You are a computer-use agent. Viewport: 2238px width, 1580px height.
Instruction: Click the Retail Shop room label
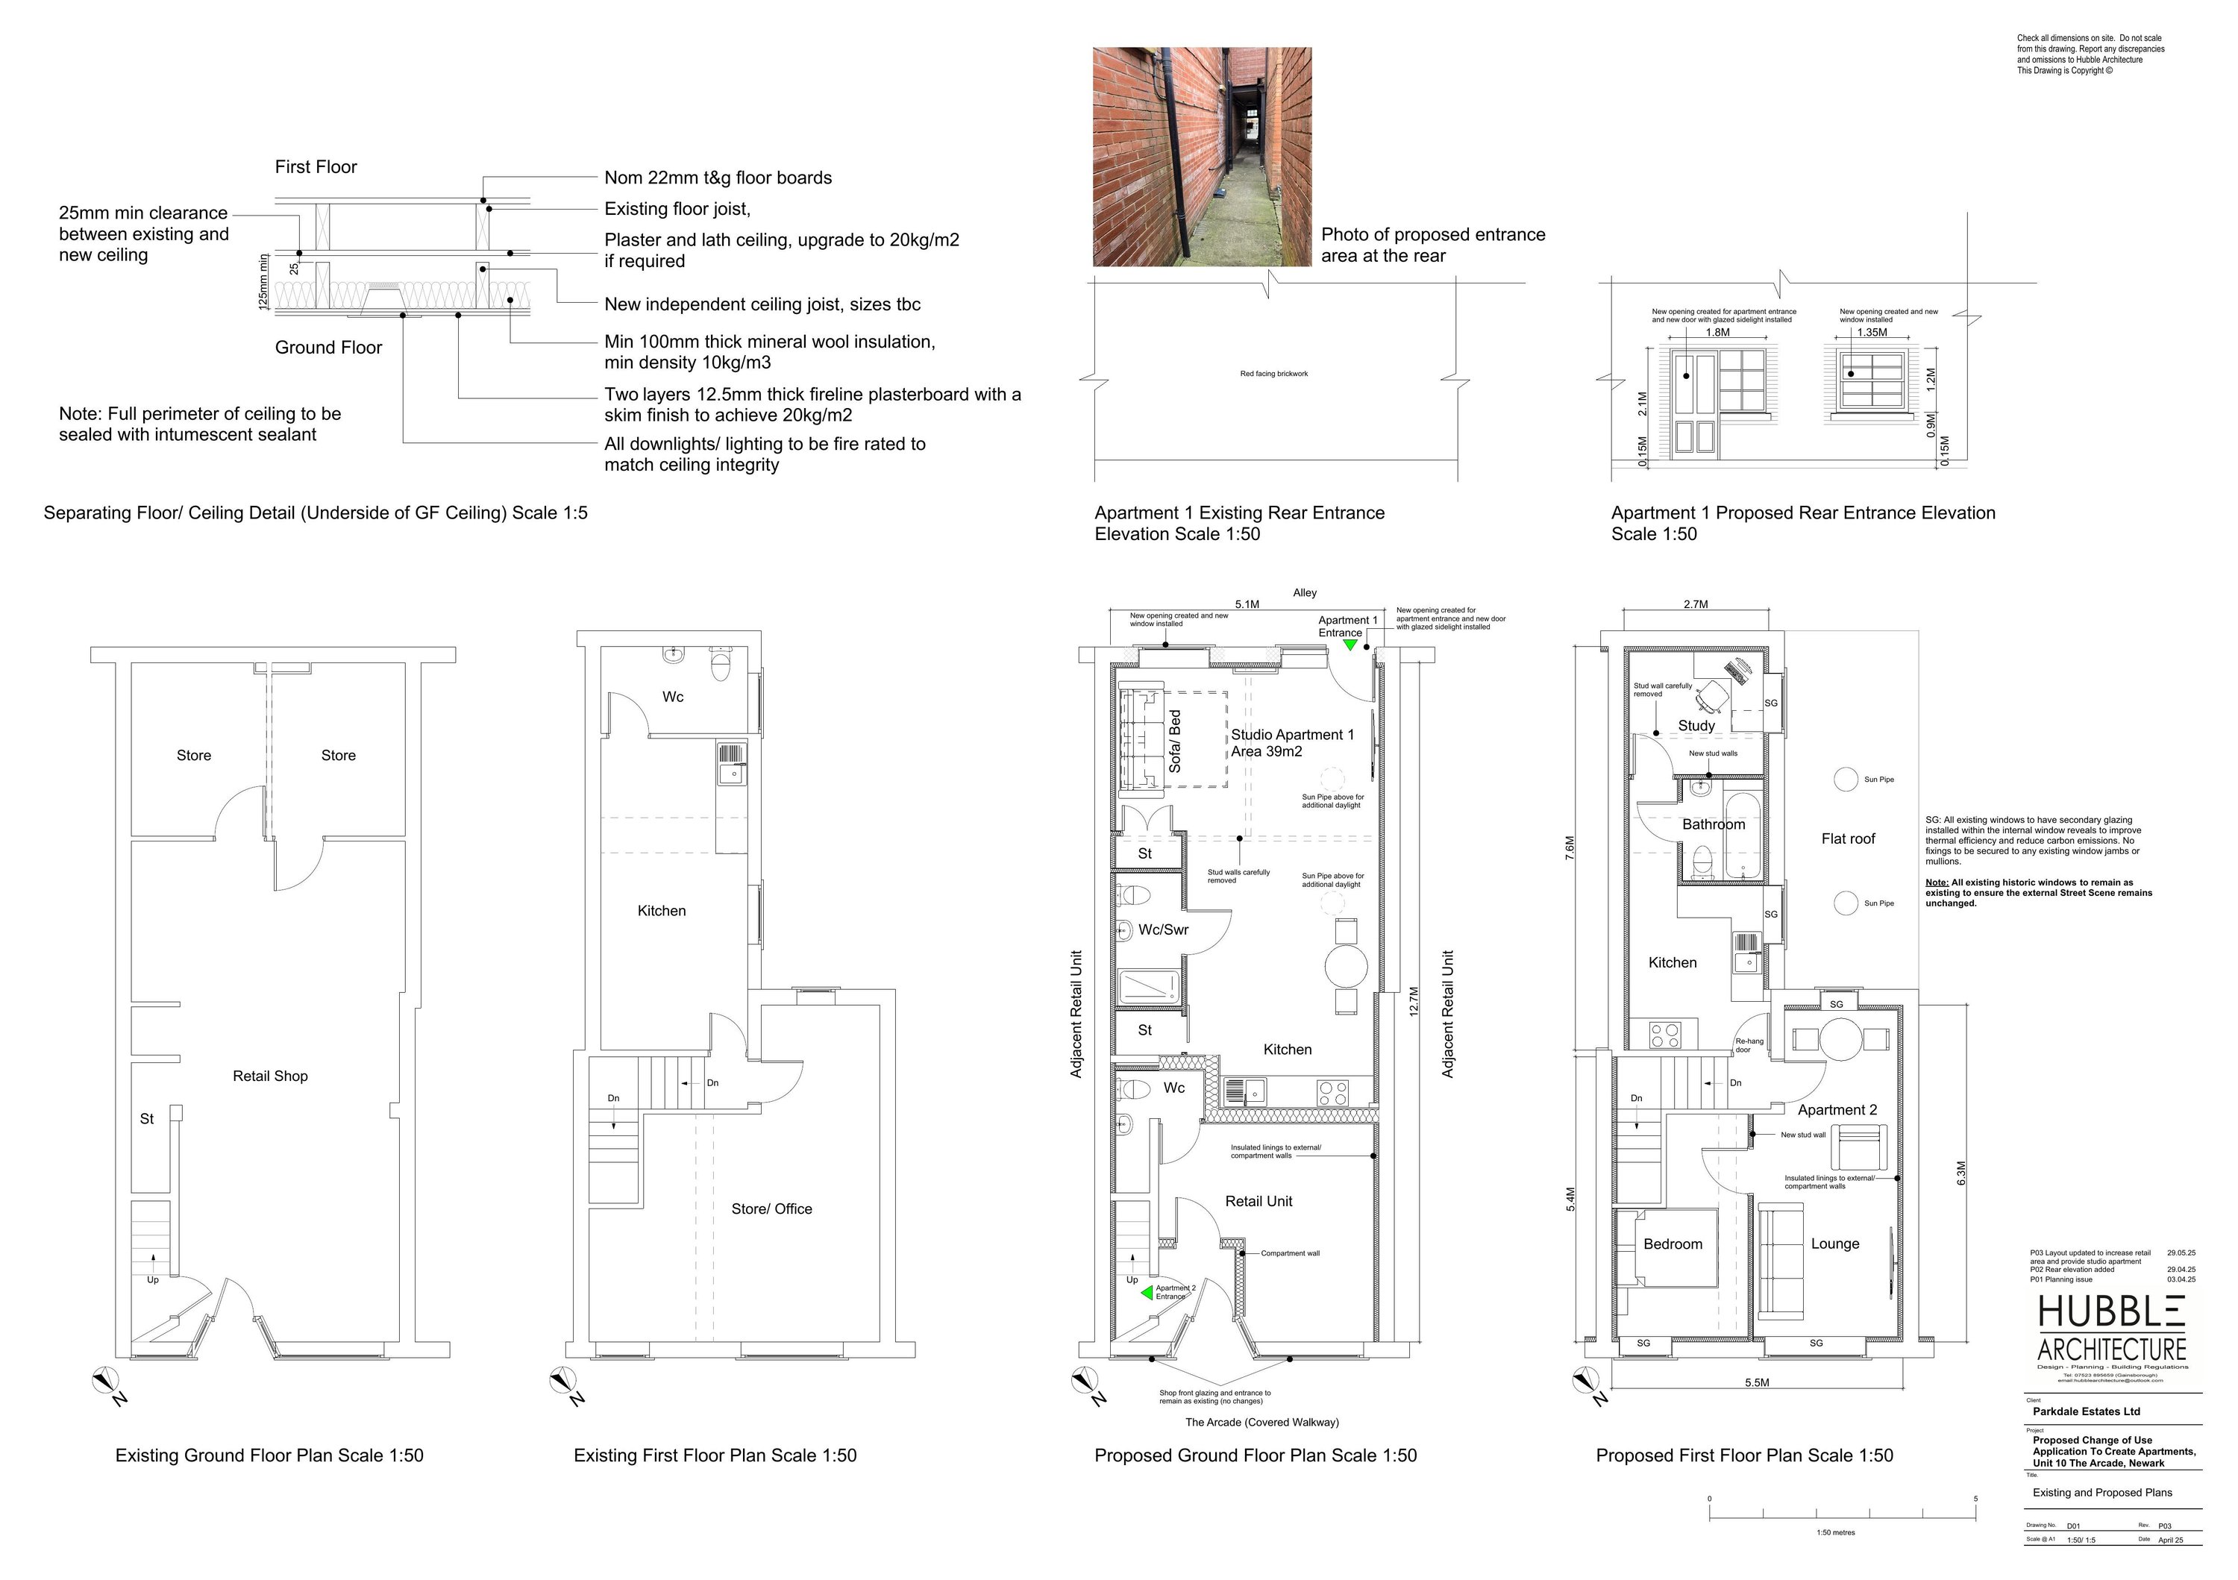pyautogui.click(x=270, y=1076)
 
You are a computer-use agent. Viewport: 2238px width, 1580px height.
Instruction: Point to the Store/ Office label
pyautogui.click(x=771, y=1208)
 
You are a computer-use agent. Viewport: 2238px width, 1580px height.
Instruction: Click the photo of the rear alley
pyautogui.click(x=1202, y=157)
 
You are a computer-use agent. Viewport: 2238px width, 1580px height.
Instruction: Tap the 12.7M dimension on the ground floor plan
pyautogui.click(x=1414, y=1003)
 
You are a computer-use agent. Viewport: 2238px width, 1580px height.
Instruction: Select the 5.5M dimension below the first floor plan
pyautogui.click(x=1757, y=1382)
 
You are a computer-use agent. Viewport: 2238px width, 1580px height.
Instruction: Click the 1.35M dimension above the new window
pyautogui.click(x=1872, y=333)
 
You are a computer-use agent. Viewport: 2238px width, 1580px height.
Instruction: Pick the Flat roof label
pyautogui.click(x=1847, y=838)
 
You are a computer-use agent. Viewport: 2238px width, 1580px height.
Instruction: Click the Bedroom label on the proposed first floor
pyautogui.click(x=1673, y=1244)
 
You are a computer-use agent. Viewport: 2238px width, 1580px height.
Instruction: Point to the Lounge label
pyautogui.click(x=1834, y=1244)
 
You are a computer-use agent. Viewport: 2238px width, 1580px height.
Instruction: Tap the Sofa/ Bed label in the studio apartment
pyautogui.click(x=1174, y=742)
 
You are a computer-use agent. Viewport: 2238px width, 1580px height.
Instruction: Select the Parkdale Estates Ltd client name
pyautogui.click(x=2086, y=1411)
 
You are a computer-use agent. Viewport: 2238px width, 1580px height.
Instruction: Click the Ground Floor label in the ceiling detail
pyautogui.click(x=328, y=348)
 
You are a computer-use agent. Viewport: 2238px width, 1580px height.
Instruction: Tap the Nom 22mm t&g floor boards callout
pyautogui.click(x=718, y=178)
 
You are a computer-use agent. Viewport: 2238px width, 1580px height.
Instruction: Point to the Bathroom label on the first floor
pyautogui.click(x=1713, y=824)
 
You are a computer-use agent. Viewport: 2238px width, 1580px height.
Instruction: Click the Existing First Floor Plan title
pyautogui.click(x=715, y=1455)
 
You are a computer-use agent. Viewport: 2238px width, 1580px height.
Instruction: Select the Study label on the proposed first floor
pyautogui.click(x=1696, y=725)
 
